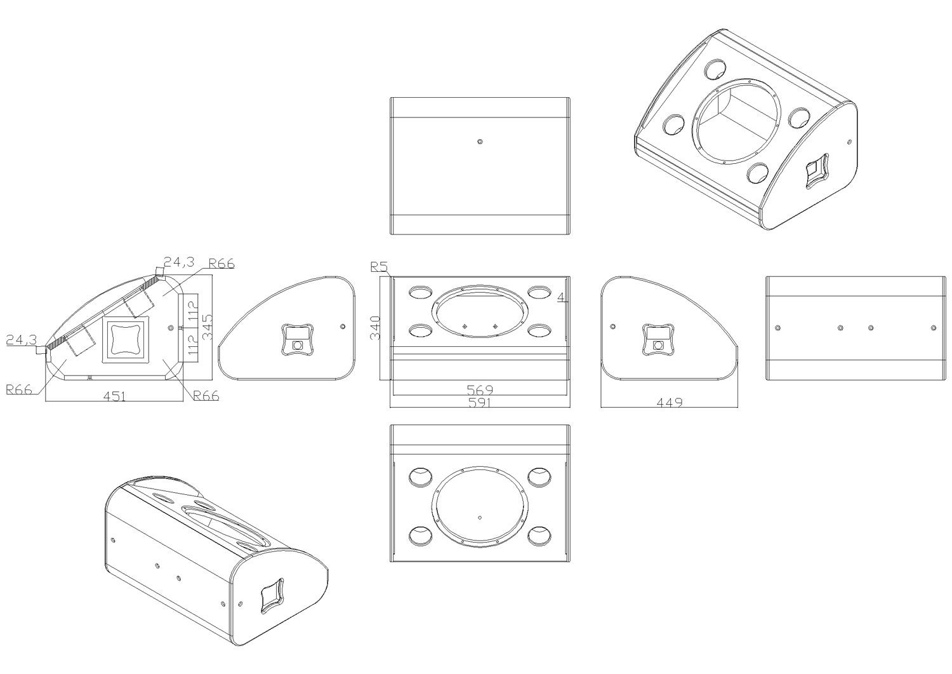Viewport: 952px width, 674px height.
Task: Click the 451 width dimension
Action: pos(115,396)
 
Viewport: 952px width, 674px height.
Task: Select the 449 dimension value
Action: pos(670,402)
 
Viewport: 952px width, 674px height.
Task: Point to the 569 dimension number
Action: pos(480,389)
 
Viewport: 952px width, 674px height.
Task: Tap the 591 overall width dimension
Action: pos(480,402)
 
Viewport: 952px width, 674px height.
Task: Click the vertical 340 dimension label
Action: pos(375,328)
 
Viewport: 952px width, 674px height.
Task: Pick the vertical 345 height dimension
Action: pos(208,327)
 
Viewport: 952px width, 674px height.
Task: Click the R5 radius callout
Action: pos(379,267)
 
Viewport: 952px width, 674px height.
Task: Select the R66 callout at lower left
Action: pos(19,389)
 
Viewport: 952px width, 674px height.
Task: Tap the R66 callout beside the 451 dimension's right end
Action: pos(206,396)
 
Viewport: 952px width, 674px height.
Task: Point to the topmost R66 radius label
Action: pos(221,264)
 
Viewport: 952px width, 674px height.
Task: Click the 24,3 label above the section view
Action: pos(179,262)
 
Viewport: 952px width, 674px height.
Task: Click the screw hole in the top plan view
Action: pos(480,141)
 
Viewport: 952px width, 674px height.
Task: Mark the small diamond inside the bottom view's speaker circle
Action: pos(480,518)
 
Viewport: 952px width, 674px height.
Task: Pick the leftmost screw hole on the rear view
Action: pos(777,328)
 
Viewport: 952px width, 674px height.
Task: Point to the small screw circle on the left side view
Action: pos(343,327)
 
